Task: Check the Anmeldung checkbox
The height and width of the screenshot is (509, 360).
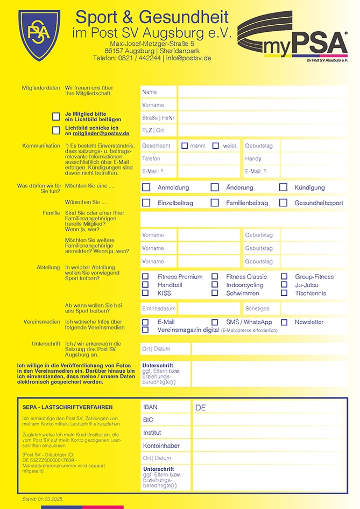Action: [146, 187]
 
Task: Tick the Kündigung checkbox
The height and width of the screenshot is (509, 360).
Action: [283, 187]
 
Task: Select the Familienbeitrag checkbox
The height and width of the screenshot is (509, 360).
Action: [215, 203]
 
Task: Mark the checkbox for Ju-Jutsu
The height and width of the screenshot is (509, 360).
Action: [284, 285]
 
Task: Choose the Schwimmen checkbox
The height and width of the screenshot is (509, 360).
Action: [215, 293]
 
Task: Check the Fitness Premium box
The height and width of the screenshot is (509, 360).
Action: [145, 277]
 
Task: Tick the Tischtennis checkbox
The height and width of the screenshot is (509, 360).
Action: [284, 293]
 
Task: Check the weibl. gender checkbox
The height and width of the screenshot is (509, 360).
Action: [216, 145]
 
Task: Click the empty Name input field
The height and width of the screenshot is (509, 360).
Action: [262, 92]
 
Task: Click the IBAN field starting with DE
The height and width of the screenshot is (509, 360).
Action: [267, 408]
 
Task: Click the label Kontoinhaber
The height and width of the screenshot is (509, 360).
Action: [161, 446]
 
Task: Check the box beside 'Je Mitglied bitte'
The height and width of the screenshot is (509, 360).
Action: [56, 116]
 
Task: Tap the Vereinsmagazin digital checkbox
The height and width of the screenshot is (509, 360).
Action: [145, 330]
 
